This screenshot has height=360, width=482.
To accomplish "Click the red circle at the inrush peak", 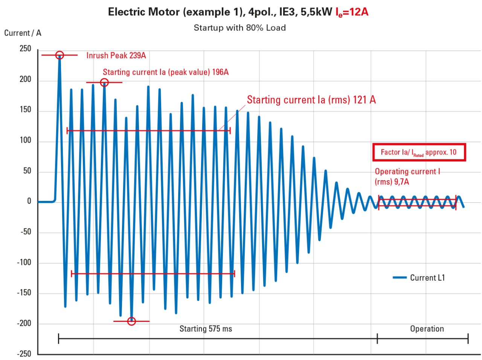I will tap(59, 55).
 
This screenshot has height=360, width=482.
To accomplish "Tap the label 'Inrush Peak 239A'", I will tap(116, 56).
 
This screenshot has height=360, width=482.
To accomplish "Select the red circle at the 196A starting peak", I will tap(104, 82).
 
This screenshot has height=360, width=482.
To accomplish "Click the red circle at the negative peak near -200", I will tap(131, 321).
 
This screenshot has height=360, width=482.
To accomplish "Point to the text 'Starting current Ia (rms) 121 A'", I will tap(311, 100).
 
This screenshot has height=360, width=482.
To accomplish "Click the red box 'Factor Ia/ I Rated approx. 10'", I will tap(419, 152).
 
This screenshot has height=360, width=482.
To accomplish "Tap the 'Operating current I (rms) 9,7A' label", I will tap(407, 176).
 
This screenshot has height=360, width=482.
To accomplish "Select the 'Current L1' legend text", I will tap(427, 278).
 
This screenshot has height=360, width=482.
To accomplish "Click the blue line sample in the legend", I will tap(400, 278).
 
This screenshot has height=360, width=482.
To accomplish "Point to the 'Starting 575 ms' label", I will tap(206, 329).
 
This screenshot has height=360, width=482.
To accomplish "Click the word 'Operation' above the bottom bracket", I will tap(427, 329).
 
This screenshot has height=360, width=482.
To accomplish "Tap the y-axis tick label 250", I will tap(25, 49).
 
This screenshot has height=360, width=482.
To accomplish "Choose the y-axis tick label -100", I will tap(24, 263).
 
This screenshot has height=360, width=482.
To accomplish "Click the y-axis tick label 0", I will tap(29, 201).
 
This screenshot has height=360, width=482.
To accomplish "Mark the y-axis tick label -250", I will tap(24, 354).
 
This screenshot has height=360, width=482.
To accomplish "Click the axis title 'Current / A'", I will tap(23, 33).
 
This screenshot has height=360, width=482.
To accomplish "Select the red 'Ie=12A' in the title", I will tap(352, 12).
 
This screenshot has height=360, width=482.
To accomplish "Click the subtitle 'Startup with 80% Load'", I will tap(239, 28).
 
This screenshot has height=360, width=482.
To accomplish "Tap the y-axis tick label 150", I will tap(25, 110).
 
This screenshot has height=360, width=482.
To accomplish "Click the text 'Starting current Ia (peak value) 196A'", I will tap(166, 72).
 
